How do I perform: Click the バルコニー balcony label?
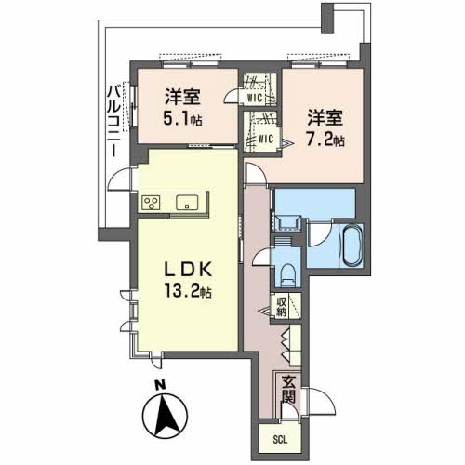tap(113, 120)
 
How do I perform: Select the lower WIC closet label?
tap(265, 140)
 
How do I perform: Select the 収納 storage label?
tap(281, 307)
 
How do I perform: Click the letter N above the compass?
tap(159, 384)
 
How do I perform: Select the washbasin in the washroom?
tap(286, 221)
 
